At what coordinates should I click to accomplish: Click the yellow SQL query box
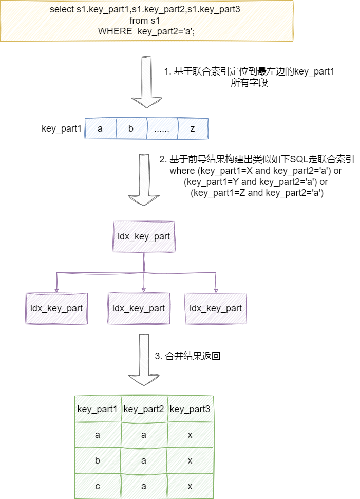146,21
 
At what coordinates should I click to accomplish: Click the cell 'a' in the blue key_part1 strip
100,128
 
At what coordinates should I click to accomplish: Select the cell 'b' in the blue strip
131,128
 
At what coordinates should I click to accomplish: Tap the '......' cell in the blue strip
162,128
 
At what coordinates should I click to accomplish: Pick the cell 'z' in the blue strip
193,128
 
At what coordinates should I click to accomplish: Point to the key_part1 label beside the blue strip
62,128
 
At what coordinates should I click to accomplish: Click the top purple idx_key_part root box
144,237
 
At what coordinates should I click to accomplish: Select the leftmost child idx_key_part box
56,308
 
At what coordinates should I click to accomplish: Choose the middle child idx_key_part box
139,308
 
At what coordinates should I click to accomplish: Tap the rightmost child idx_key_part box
216,308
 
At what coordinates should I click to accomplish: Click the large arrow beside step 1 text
146,82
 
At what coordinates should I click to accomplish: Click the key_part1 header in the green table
98,409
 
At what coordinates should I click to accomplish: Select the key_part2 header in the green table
144,409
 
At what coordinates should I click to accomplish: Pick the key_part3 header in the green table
190,409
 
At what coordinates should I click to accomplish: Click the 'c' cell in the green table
98,486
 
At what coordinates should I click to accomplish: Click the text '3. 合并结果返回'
187,356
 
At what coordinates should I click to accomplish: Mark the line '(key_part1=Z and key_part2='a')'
257,193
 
